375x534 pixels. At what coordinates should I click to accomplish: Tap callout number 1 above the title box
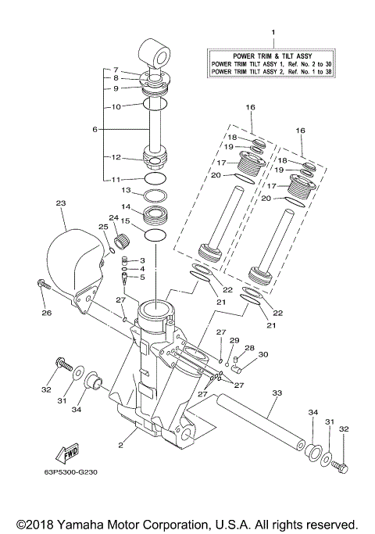[273, 32]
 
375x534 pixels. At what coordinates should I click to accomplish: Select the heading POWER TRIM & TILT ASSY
[273, 55]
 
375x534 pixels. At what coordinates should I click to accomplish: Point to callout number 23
[59, 202]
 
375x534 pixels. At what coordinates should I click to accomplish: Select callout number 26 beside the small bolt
[46, 314]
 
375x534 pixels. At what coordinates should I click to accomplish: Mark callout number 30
[262, 355]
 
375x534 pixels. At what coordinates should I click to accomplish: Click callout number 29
[234, 341]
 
